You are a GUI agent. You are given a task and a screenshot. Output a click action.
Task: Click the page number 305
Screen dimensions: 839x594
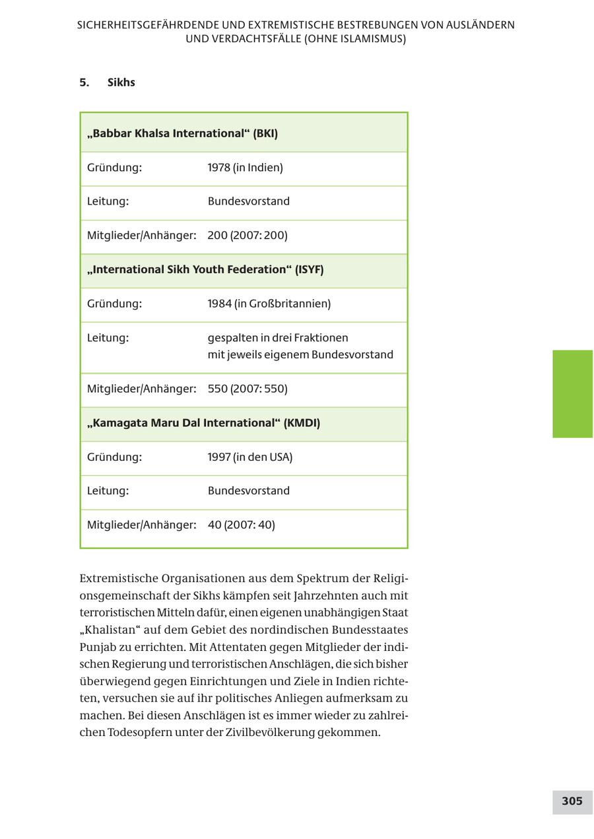pos(572,801)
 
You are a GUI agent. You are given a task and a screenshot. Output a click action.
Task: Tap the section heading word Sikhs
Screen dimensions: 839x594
pos(121,83)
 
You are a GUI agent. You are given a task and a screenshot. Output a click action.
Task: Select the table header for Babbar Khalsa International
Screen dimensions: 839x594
pos(182,133)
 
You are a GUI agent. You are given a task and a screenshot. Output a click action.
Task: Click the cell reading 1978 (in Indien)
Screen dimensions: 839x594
pos(245,168)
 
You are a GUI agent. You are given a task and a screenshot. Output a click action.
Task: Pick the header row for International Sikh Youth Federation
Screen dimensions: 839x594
pos(205,270)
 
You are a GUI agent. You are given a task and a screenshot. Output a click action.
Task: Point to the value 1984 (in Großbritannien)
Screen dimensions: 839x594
pos(269,304)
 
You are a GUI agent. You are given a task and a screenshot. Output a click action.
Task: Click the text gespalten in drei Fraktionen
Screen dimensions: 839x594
pos(278,338)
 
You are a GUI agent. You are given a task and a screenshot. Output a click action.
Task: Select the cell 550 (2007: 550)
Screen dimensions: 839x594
pos(247,389)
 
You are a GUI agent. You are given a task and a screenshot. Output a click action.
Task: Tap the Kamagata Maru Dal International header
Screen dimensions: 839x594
pos(203,423)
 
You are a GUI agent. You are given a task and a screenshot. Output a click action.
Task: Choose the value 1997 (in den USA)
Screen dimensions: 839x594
pos(249,457)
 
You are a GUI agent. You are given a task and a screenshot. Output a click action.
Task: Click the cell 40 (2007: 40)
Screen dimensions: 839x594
pos(241,525)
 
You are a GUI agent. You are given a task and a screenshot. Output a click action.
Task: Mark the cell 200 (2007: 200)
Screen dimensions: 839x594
pos(247,236)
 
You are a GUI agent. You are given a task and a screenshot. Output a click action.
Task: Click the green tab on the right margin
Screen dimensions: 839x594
pos(572,394)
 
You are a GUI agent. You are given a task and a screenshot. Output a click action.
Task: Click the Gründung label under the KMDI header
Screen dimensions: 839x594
pos(114,457)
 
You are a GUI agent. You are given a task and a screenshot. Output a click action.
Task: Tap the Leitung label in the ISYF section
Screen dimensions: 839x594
pos(108,338)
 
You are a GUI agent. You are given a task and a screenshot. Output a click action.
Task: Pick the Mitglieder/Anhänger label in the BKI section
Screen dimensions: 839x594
pos(141,236)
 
